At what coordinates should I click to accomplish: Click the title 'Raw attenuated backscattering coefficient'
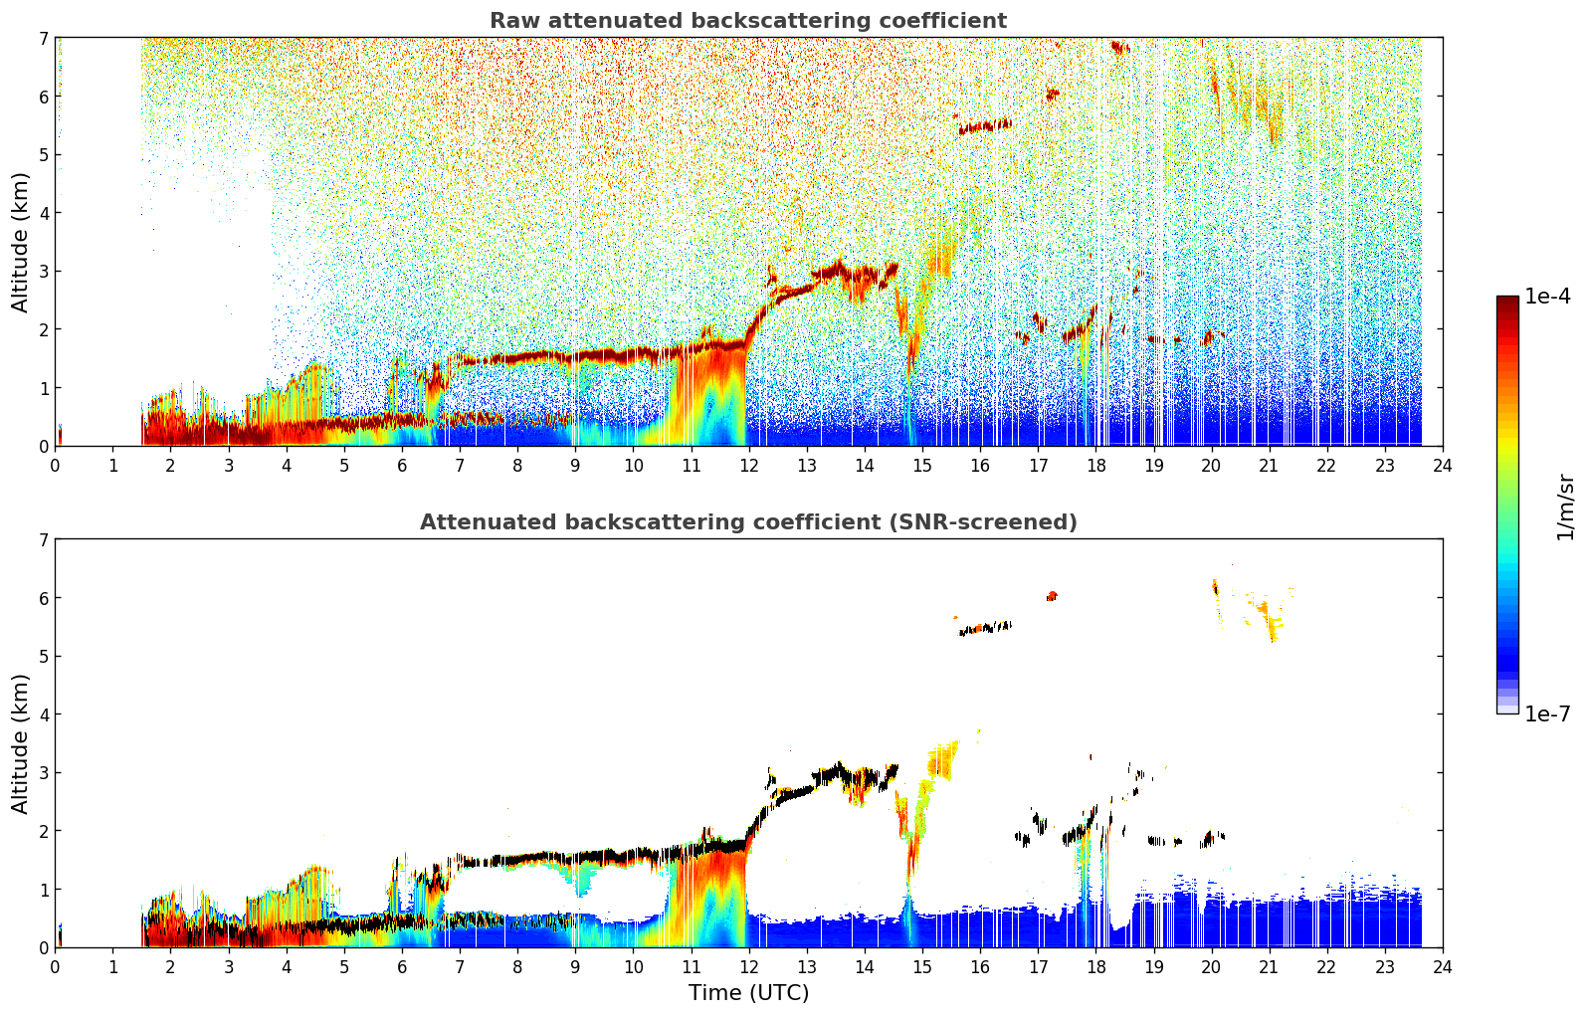point(748,21)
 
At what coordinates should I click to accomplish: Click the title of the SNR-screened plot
point(748,521)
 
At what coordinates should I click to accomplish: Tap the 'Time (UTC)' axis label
point(748,992)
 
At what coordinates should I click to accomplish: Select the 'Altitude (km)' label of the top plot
point(20,242)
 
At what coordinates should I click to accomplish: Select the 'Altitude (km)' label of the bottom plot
point(20,743)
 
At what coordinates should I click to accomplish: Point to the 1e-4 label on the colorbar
point(1547,297)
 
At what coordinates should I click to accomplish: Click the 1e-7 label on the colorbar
point(1547,713)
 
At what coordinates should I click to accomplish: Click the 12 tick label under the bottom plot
point(749,967)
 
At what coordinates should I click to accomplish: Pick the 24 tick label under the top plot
point(1443,466)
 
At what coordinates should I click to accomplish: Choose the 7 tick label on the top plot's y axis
point(44,38)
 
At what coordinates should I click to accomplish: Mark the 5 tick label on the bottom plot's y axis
point(44,657)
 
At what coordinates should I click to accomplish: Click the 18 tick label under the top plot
point(1096,466)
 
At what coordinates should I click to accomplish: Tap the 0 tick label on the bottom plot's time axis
point(56,967)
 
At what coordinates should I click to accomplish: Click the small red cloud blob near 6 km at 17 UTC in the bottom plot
point(1053,595)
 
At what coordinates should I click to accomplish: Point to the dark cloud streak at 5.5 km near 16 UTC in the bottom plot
point(985,628)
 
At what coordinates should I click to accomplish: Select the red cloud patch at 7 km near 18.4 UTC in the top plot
point(1120,48)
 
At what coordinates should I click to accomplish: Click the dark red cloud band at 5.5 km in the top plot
point(985,127)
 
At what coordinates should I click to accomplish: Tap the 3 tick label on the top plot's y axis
point(44,272)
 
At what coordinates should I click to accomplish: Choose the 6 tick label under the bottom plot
point(402,967)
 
